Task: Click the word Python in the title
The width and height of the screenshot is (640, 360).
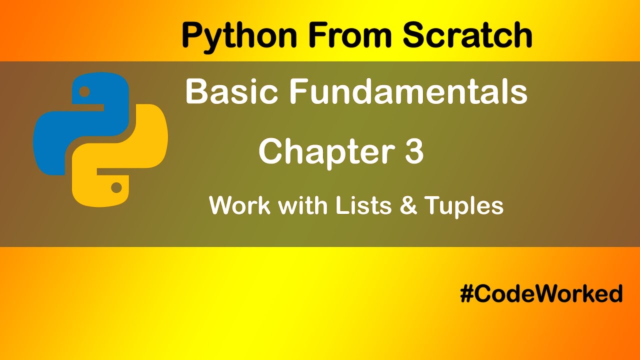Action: click(x=240, y=36)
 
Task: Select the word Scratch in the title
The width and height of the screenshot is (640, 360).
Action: click(x=467, y=35)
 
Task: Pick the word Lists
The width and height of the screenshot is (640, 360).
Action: click(x=364, y=205)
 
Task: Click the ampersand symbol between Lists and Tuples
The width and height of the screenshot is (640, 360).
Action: click(x=408, y=205)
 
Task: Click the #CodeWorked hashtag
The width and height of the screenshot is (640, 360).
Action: click(x=541, y=293)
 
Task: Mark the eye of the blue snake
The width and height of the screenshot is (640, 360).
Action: click(x=84, y=92)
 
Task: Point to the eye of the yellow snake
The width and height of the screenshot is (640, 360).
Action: click(x=116, y=188)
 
